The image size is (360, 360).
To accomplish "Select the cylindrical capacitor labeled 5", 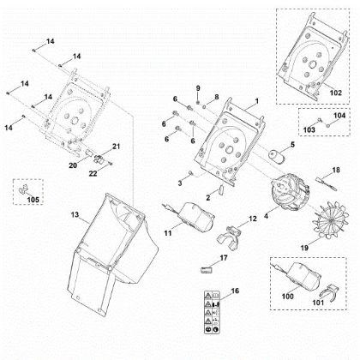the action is (276, 157).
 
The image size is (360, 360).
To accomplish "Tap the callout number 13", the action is (75, 214).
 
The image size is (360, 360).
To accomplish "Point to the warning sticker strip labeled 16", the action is (213, 311).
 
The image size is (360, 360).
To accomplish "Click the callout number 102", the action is (335, 93).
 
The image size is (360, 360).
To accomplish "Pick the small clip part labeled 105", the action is (22, 189).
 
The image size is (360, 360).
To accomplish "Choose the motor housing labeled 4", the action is (289, 191).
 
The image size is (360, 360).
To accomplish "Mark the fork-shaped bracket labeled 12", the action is (229, 237).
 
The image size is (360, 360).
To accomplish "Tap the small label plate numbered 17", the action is (207, 269).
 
